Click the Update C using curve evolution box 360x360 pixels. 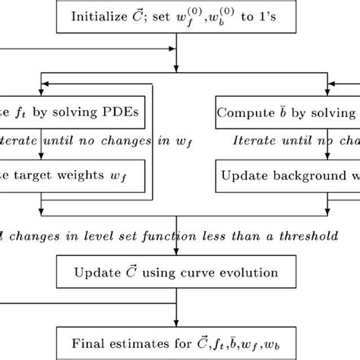click(x=176, y=270)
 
